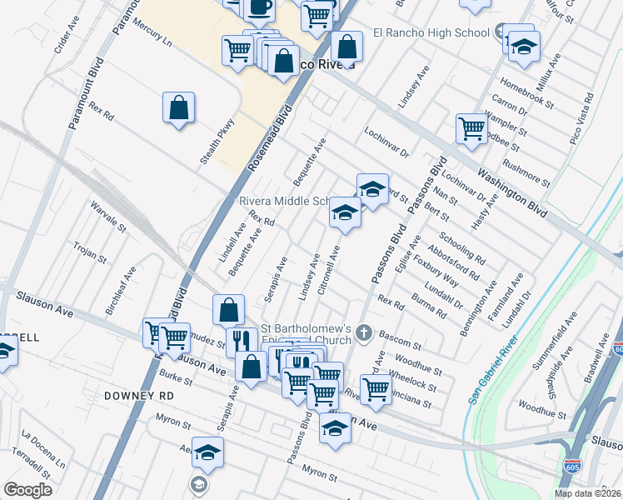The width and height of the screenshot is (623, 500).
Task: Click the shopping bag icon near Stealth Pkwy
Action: point(179,107)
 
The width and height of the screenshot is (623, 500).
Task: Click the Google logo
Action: point(27,490)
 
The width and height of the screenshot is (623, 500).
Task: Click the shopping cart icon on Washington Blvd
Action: point(471,129)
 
